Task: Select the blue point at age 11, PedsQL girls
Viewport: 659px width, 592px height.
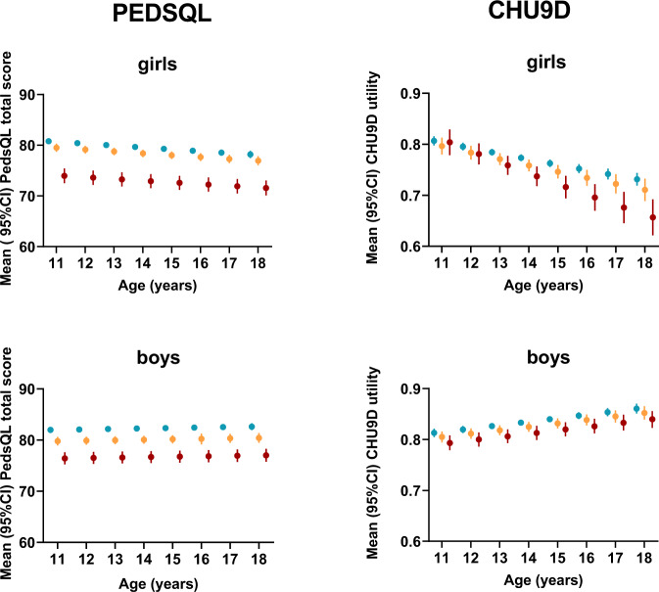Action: [x=49, y=142]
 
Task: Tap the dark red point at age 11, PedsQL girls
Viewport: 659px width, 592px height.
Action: [x=64, y=176]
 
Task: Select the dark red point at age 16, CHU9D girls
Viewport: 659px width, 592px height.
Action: [x=594, y=198]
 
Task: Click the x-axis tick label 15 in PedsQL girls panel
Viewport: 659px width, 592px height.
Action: [x=171, y=265]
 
